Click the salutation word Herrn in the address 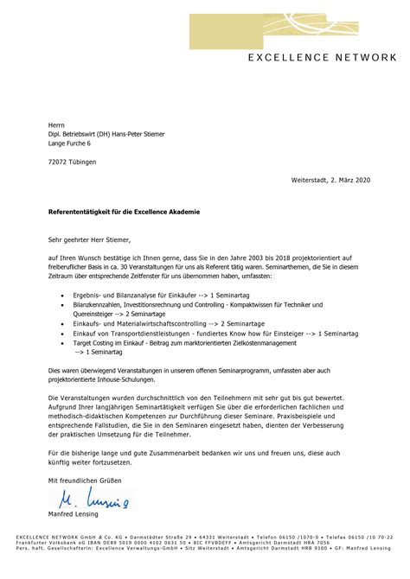click(56, 124)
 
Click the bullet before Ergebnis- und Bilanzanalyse click(63, 296)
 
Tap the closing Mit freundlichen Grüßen click(80, 480)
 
